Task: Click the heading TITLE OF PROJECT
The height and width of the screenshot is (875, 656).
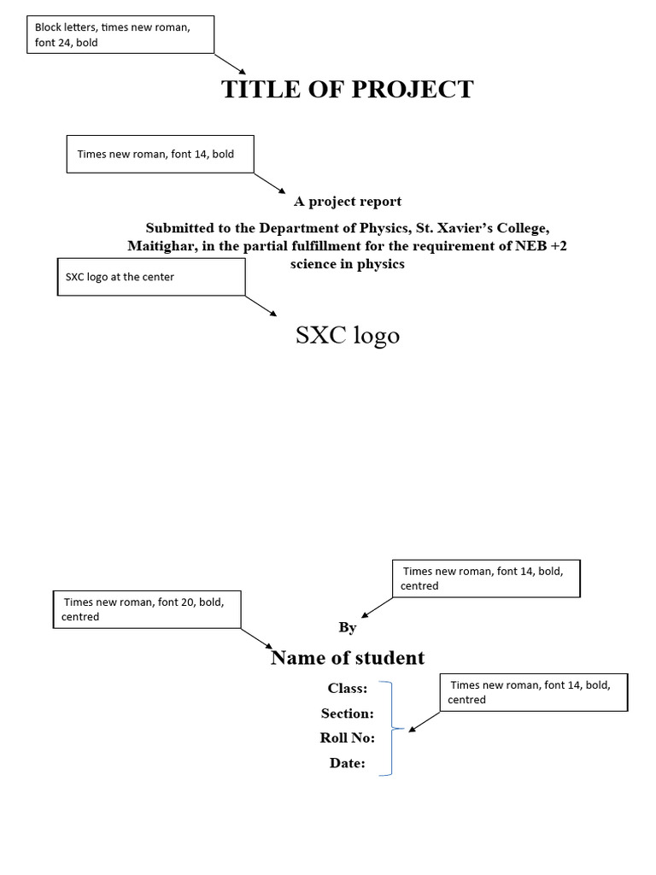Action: (347, 89)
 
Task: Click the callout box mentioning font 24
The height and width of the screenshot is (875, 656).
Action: (120, 35)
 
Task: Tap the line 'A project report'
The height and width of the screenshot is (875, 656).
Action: (348, 202)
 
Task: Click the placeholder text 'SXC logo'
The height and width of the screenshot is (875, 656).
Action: (347, 335)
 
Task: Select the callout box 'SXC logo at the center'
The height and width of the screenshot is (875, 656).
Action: (151, 277)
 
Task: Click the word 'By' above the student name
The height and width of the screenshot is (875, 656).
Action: (347, 628)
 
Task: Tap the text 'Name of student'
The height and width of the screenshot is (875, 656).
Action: (347, 658)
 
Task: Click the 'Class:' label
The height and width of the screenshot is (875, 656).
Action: (348, 688)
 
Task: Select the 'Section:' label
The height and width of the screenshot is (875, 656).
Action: (347, 713)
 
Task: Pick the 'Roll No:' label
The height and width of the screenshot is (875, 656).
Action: (347, 738)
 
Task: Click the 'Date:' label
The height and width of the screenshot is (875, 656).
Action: (347, 763)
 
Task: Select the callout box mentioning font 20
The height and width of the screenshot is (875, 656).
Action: (147, 609)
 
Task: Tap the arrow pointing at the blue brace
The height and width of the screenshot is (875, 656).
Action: (425, 721)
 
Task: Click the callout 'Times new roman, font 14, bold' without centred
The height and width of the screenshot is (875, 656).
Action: (160, 154)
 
